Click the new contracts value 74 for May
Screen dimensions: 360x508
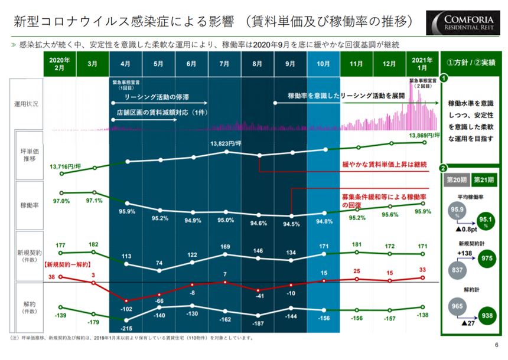159,263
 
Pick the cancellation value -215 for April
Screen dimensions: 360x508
126,328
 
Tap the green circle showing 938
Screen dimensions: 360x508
487,316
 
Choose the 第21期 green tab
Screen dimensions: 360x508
484,180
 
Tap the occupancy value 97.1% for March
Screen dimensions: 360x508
94,200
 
